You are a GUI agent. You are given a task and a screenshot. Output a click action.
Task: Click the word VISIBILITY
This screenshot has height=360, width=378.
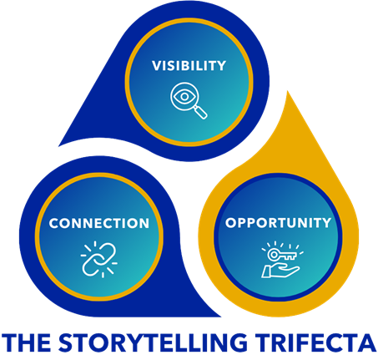(x=189, y=65)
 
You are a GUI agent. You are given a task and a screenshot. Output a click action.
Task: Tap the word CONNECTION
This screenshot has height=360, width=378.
(x=99, y=223)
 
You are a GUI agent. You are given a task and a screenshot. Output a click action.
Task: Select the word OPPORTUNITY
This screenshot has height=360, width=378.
(x=278, y=223)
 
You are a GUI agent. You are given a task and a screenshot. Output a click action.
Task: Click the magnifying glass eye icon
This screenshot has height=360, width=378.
(x=189, y=100)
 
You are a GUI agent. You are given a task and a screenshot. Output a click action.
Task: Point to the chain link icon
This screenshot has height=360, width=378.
(x=99, y=260)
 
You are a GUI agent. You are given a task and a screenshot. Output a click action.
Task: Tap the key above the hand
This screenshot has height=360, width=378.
(x=282, y=255)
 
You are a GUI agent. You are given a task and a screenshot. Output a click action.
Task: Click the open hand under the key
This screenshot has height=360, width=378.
(x=280, y=271)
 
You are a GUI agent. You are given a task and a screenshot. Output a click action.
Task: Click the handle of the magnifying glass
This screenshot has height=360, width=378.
(x=200, y=112)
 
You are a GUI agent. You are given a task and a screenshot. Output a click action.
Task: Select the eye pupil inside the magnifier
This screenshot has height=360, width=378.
(x=184, y=97)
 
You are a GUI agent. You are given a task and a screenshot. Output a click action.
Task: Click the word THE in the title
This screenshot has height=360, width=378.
(x=26, y=342)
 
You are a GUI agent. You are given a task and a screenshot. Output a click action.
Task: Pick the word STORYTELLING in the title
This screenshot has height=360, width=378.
(x=153, y=342)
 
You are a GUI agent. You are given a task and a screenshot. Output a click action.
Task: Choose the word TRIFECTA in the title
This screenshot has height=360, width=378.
(x=315, y=342)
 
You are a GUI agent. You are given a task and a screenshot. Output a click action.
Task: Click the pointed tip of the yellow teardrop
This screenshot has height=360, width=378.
(x=287, y=91)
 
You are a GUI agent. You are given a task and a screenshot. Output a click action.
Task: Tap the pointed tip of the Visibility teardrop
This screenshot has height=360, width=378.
(x=59, y=146)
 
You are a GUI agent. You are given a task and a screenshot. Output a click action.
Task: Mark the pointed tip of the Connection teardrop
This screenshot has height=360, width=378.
(x=220, y=317)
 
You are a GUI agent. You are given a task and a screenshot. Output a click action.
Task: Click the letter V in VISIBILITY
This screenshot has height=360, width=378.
(x=158, y=65)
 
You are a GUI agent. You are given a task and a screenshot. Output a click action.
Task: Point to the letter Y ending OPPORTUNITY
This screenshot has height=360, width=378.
(x=326, y=223)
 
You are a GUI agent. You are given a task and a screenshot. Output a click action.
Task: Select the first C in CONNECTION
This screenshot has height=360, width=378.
(x=54, y=223)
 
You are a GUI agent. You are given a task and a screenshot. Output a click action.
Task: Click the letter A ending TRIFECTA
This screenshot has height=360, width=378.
(x=367, y=342)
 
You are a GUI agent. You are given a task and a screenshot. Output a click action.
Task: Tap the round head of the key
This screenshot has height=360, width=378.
(x=273, y=254)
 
